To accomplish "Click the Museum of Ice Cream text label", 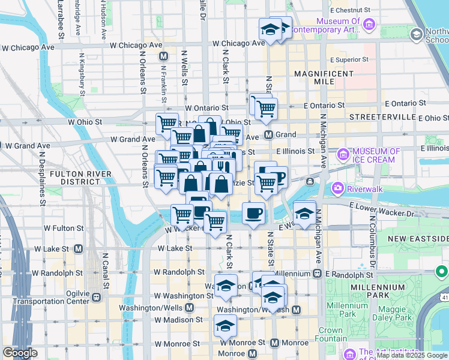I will coord(375,155).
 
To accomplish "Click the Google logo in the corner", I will coord(20,353).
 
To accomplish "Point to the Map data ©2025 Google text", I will coord(412,356).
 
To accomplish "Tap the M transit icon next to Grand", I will coord(269,134).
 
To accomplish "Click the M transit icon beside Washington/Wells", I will coord(189,308).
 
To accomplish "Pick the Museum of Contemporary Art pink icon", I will coord(369,25).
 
